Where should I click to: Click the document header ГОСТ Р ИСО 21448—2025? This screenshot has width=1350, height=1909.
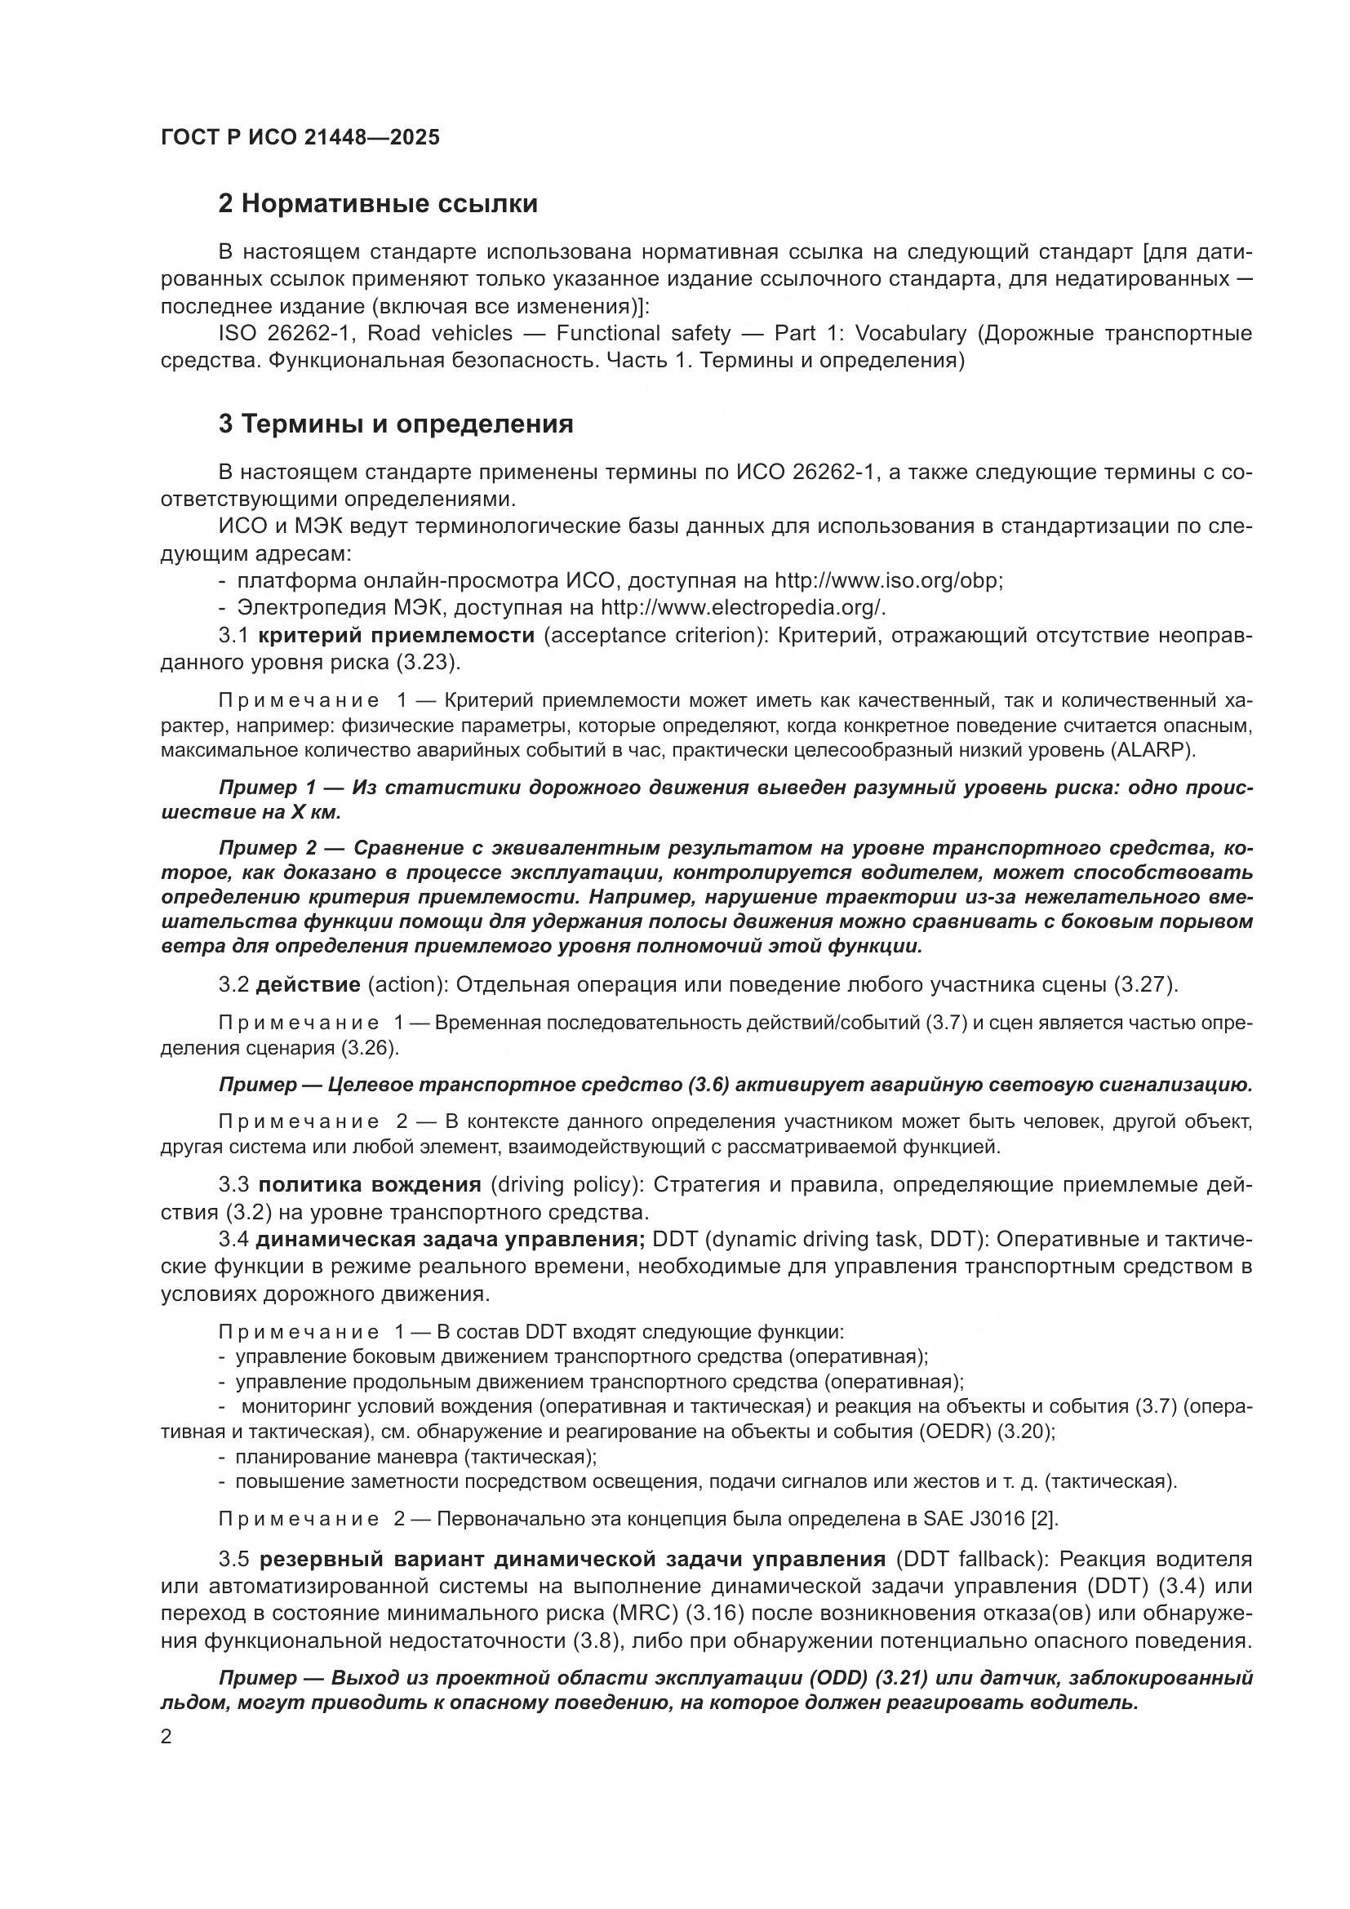(300, 138)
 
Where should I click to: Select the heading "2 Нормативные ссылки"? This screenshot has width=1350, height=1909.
(377, 204)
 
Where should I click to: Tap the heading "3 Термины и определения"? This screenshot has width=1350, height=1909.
(396, 424)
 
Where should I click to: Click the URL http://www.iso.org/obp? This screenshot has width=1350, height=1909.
(887, 580)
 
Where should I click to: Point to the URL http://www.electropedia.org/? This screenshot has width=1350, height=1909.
(742, 608)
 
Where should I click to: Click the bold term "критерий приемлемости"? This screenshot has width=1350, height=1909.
(396, 635)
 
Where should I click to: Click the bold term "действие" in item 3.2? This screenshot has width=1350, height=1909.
(308, 985)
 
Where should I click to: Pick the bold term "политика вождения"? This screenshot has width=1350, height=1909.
(369, 1184)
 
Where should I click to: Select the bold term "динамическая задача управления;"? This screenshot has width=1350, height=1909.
(450, 1239)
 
